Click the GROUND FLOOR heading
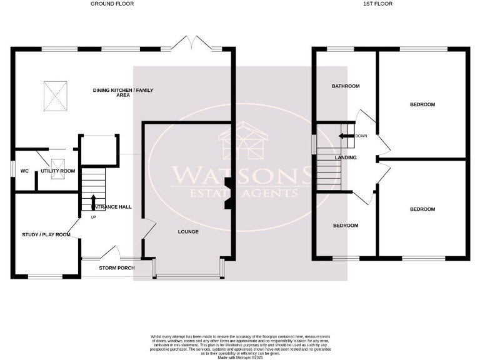point(112,4)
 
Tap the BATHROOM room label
point(346,86)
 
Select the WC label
point(25,171)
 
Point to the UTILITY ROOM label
point(57,171)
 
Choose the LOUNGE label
point(187,232)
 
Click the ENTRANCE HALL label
point(112,206)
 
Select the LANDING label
point(346,157)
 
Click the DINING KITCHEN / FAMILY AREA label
point(123,93)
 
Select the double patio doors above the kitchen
point(191,44)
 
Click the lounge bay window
point(189,276)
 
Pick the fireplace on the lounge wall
point(228,194)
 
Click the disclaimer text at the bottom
point(240,346)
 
